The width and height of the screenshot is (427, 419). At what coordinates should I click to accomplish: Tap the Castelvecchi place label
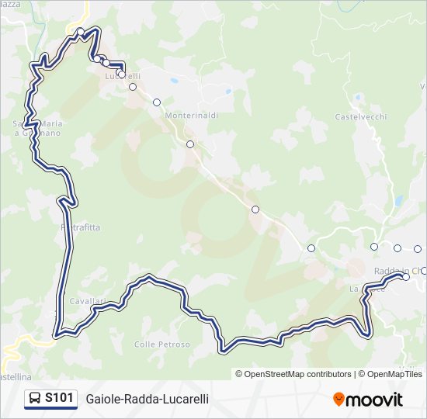(x=360, y=117)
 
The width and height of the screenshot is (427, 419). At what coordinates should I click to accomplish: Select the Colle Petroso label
(x=161, y=345)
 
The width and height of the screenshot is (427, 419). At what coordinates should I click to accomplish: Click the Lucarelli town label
(x=122, y=76)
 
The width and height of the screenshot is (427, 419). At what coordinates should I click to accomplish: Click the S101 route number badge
(x=59, y=398)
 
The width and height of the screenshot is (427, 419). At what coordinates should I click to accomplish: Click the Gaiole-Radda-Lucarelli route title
(x=147, y=399)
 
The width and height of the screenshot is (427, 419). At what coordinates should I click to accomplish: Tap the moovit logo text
(x=373, y=400)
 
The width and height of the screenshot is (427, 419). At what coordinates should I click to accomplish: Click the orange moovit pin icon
(x=338, y=400)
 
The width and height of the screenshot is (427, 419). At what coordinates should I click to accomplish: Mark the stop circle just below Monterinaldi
(x=189, y=144)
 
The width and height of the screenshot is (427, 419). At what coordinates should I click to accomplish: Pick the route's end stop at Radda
(x=405, y=276)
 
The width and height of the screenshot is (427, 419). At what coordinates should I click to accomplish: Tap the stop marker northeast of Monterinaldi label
(x=157, y=102)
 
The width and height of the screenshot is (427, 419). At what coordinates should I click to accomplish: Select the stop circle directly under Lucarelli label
(x=133, y=87)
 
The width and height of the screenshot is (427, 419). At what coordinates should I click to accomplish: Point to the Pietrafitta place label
(x=81, y=227)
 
